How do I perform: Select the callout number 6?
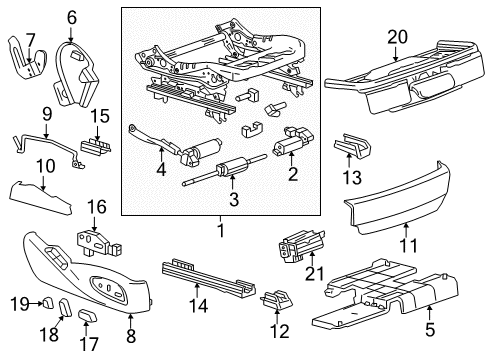tap(71, 17)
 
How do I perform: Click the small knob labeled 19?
tap(44, 301)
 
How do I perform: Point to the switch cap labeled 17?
tap(87, 317)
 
